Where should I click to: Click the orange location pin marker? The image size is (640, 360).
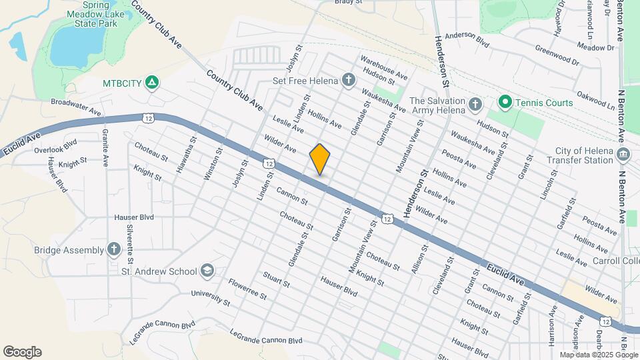click(320, 159)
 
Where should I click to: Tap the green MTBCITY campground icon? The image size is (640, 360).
click(152, 83)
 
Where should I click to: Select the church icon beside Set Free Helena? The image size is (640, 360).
click(348, 81)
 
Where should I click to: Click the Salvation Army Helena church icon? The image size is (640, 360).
click(475, 104)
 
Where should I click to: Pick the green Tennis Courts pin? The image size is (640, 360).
click(505, 103)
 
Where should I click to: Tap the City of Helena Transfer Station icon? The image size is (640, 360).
click(623, 155)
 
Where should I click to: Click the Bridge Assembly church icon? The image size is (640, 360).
click(114, 250)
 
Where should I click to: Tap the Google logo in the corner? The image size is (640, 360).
click(22, 352)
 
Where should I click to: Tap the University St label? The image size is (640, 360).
click(210, 298)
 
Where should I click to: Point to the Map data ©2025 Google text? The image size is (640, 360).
click(597, 355)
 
